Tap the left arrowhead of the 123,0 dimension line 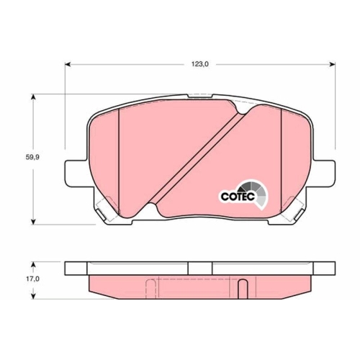(x=68, y=65)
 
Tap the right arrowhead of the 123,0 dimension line (x=333, y=65)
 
